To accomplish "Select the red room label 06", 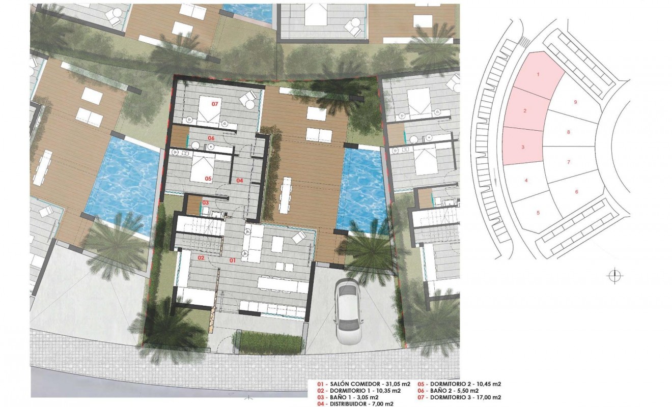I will point(211,138).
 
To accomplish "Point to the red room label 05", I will point(208,179).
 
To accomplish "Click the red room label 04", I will point(239,181).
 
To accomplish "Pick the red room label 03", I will point(205,203).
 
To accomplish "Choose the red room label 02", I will point(201,258).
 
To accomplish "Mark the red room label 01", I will point(232,260).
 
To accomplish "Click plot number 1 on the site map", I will point(538,74).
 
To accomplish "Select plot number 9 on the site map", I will point(575,102).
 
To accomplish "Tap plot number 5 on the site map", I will point(538,212).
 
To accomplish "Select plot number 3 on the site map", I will point(523,147).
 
